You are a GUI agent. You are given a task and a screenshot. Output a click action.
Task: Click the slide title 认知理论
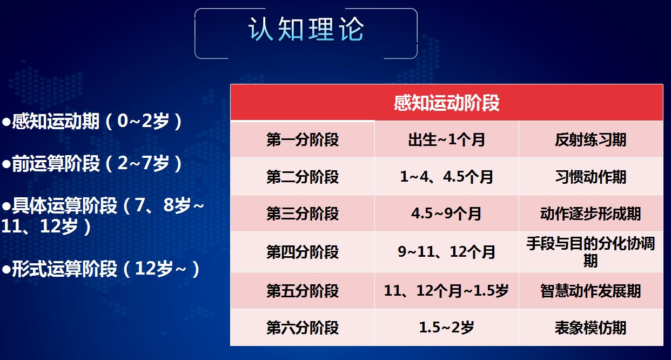pyautogui.click(x=306, y=30)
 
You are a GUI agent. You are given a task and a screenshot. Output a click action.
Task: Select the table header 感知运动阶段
pyautogui.click(x=446, y=103)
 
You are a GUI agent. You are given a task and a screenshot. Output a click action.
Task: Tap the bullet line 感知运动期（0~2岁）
pyautogui.click(x=93, y=122)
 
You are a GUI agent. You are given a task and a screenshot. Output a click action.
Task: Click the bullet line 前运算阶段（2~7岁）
pyautogui.click(x=93, y=164)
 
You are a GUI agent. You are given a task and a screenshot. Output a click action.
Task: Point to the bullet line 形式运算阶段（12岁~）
pyautogui.click(x=102, y=269)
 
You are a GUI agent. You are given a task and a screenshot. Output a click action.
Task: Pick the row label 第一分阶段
pyautogui.click(x=303, y=140)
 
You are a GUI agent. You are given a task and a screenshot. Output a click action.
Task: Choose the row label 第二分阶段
pyautogui.click(x=303, y=177)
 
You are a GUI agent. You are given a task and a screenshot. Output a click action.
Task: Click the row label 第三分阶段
pyautogui.click(x=303, y=214)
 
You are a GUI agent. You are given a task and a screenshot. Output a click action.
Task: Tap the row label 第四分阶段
pyautogui.click(x=303, y=252)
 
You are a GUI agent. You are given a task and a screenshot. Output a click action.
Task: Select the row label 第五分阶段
pyautogui.click(x=303, y=291)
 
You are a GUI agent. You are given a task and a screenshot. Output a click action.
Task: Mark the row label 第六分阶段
pyautogui.click(x=303, y=328)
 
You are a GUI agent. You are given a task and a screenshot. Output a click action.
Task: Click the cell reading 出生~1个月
pyautogui.click(x=446, y=140)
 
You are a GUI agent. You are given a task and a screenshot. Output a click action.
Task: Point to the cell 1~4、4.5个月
pyautogui.click(x=446, y=177)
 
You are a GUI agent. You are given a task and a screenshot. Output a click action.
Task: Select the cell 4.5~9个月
pyautogui.click(x=446, y=214)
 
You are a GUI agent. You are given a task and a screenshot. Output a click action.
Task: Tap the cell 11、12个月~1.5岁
pyautogui.click(x=446, y=291)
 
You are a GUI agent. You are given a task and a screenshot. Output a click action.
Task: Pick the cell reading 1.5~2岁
pyautogui.click(x=446, y=328)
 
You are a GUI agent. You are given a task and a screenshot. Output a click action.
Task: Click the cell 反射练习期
pyautogui.click(x=591, y=140)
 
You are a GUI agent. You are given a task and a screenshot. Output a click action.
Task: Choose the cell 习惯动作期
pyautogui.click(x=591, y=177)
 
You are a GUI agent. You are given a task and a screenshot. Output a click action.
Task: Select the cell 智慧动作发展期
pyautogui.click(x=591, y=291)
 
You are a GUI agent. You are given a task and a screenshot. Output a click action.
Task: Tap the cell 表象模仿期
pyautogui.click(x=591, y=328)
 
